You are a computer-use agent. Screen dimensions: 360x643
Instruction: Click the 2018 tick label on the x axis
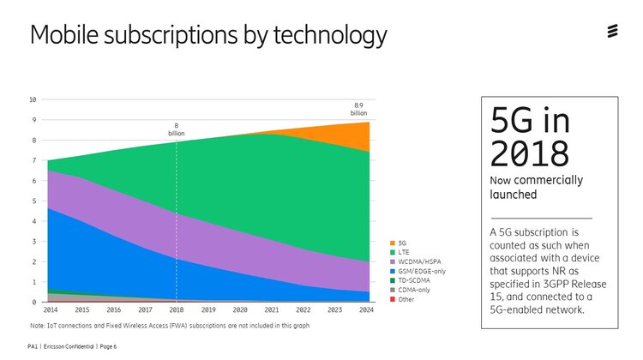[177, 309]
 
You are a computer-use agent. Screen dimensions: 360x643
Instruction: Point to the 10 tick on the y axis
[33, 99]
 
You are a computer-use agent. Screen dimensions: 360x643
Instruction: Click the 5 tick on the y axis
[34, 201]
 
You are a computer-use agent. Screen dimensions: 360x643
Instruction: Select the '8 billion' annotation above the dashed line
[177, 130]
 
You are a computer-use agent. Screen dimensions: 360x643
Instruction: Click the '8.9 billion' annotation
[358, 110]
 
